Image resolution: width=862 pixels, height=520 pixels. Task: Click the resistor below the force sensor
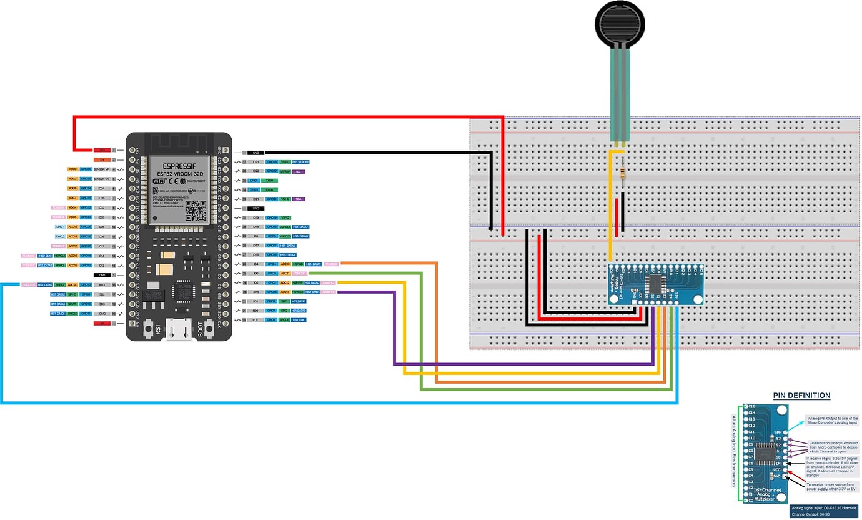point(623,174)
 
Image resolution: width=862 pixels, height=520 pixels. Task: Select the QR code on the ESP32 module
point(196,212)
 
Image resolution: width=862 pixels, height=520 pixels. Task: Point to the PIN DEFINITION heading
point(801,396)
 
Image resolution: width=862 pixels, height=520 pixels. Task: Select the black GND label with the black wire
point(256,152)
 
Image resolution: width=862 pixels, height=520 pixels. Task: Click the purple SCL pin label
point(299,171)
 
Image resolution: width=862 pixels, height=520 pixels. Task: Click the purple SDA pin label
point(299,199)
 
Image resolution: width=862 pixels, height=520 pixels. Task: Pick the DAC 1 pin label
point(60,227)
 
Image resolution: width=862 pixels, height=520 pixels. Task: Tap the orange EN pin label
point(102,160)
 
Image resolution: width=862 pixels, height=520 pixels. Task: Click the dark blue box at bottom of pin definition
point(823,511)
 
